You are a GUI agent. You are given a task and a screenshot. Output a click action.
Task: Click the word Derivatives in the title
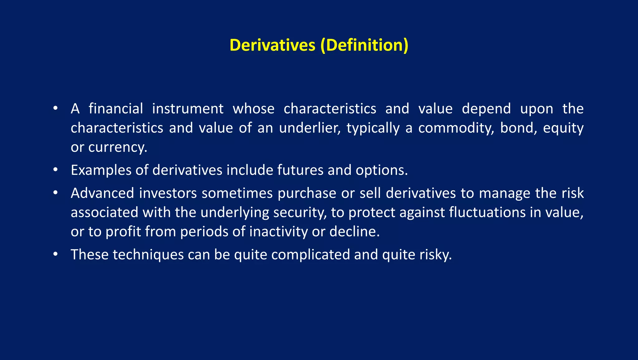(272, 45)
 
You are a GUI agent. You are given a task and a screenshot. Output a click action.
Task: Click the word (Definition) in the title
(364, 45)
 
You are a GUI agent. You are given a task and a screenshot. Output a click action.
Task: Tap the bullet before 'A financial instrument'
(55, 108)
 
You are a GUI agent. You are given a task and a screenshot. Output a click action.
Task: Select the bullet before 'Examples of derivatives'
(55, 170)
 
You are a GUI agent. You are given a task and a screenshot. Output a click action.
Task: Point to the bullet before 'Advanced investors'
(55, 193)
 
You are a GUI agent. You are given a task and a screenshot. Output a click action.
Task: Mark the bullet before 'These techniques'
(55, 254)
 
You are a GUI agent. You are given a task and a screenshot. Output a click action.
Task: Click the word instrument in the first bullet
(188, 109)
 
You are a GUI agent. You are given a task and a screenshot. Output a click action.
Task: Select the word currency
(117, 147)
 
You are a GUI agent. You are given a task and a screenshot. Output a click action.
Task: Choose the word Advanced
(102, 193)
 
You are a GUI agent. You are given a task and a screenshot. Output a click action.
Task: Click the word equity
(563, 128)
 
